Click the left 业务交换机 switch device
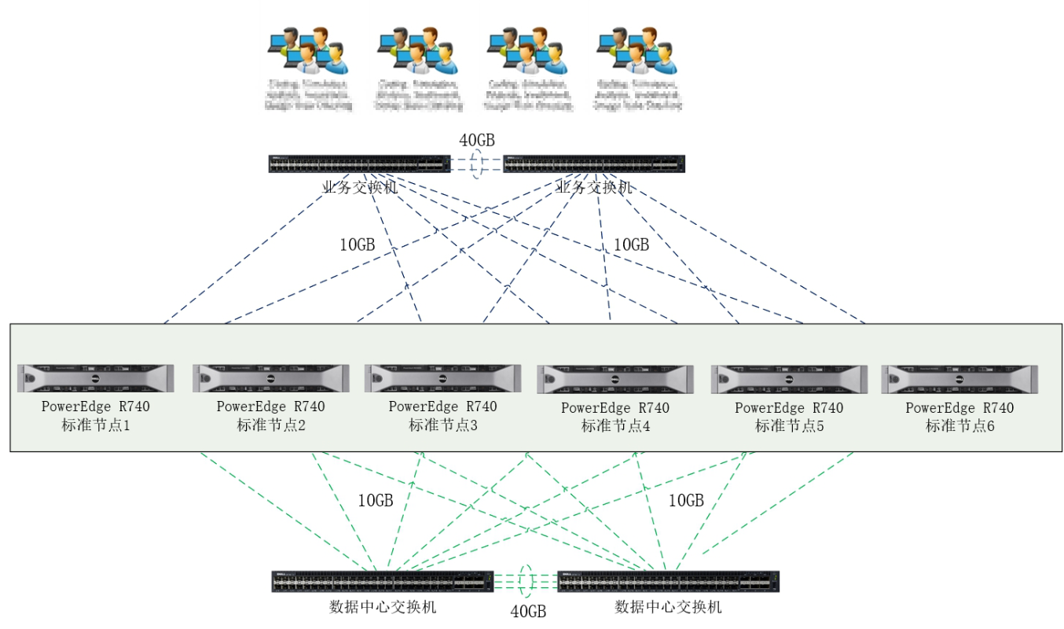[359, 164]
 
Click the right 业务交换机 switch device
[593, 164]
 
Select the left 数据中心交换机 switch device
[383, 581]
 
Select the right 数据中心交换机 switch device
[668, 581]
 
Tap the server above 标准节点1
[96, 378]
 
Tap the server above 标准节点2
[270, 378]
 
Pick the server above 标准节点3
[442, 378]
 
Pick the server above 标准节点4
[615, 379]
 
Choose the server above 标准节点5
[789, 379]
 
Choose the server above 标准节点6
[959, 379]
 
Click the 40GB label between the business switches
[477, 141]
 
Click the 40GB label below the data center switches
[528, 612]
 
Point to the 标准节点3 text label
[442, 425]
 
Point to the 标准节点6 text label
[959, 426]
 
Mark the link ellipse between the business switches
[476, 164]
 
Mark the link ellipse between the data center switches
[526, 581]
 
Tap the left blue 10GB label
[358, 245]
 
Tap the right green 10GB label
[686, 501]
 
